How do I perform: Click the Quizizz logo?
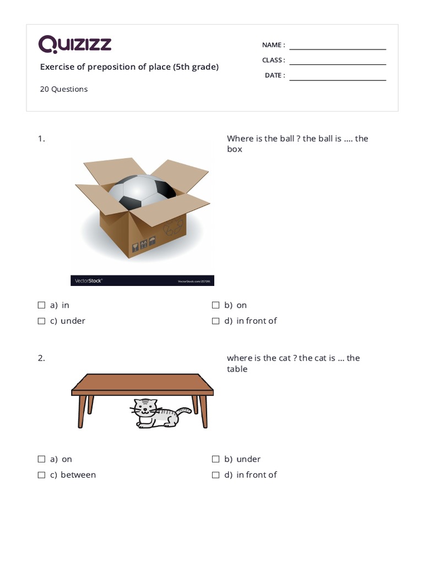pyautogui.click(x=75, y=44)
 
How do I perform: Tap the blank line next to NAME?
pyautogui.click(x=338, y=49)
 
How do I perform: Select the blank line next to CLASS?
pyautogui.click(x=338, y=64)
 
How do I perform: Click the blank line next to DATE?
pyautogui.click(x=338, y=80)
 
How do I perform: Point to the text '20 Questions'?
pyautogui.click(x=63, y=89)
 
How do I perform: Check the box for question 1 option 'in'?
pyautogui.click(x=41, y=305)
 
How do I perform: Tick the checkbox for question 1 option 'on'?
pyautogui.click(x=215, y=305)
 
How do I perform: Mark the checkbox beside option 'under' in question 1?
pyautogui.click(x=41, y=321)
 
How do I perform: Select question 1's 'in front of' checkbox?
pyautogui.click(x=215, y=321)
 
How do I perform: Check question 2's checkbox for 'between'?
pyautogui.click(x=41, y=475)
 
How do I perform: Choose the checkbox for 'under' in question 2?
pyautogui.click(x=215, y=459)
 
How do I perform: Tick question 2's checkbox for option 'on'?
pyautogui.click(x=41, y=459)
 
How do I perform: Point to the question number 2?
pyautogui.click(x=41, y=358)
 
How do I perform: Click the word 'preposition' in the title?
pyautogui.click(x=112, y=67)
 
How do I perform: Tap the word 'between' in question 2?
pyautogui.click(x=78, y=475)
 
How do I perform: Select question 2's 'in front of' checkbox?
pyautogui.click(x=215, y=475)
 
